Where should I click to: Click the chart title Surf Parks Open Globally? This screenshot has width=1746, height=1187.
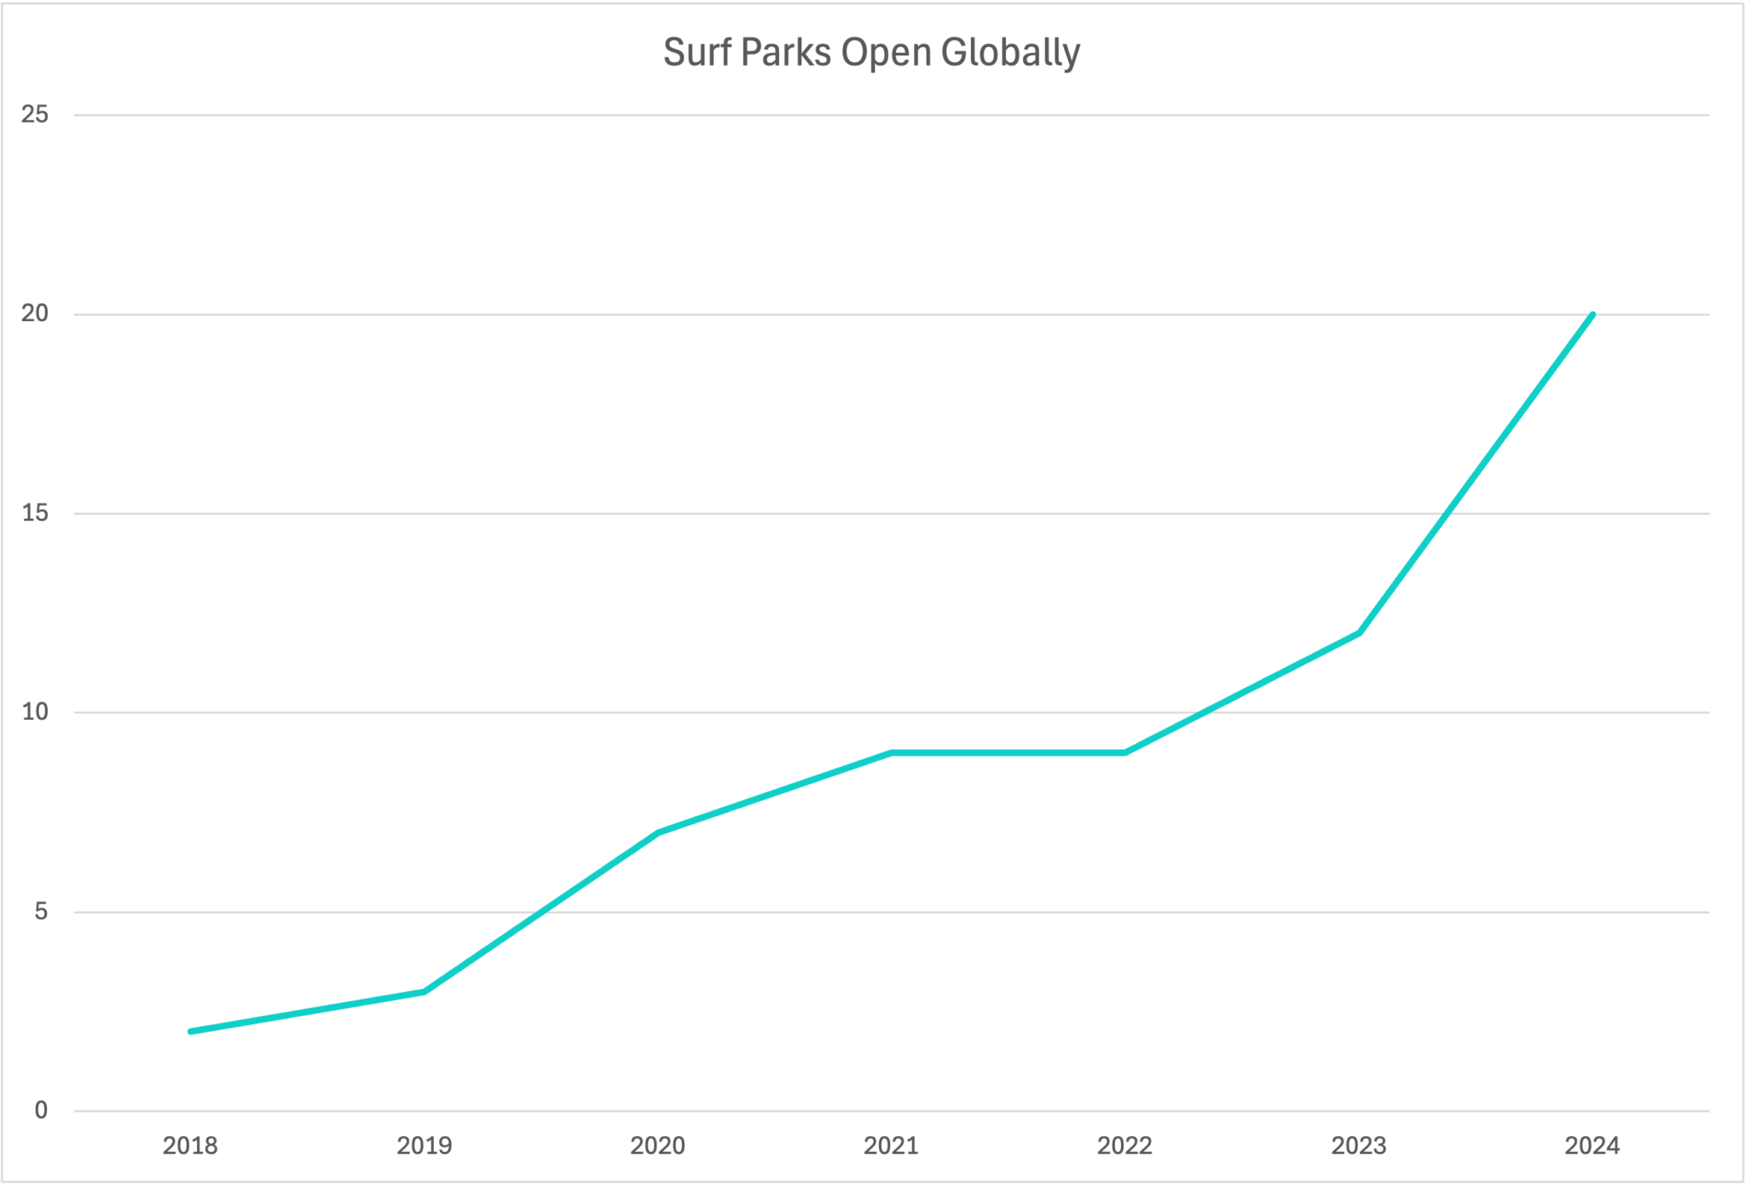point(871,53)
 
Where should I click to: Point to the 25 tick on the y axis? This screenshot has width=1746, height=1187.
point(35,114)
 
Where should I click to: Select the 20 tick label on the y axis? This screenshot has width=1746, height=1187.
point(35,314)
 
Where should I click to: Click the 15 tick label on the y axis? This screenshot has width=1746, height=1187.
point(35,513)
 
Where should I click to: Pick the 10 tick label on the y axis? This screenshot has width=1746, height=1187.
point(35,712)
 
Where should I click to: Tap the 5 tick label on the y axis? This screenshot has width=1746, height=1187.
point(41,912)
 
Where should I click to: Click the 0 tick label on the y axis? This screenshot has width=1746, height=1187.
point(41,1110)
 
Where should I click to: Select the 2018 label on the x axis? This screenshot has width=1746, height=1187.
point(190,1146)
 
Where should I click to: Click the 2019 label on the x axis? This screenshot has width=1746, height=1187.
point(424,1146)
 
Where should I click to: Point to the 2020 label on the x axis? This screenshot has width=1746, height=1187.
point(657,1146)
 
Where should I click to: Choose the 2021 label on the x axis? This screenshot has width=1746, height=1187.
point(891,1146)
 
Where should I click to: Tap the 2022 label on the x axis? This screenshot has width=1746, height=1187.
point(1124,1146)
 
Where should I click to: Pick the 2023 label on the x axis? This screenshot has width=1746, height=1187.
point(1359,1146)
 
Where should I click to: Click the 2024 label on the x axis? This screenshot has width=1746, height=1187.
point(1592,1146)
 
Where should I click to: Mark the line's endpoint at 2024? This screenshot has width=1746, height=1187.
point(1592,314)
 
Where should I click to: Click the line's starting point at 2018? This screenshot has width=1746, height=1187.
point(190,1031)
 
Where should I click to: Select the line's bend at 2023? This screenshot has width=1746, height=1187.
point(1359,633)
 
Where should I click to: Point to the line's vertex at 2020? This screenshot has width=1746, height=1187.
point(658,832)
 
